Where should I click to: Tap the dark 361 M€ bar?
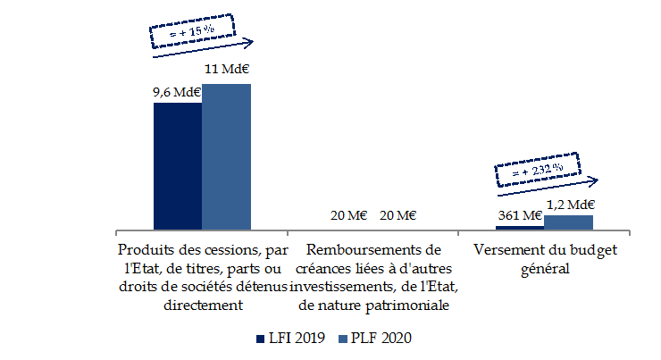(x=519, y=226)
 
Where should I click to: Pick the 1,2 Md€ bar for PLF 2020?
(x=568, y=222)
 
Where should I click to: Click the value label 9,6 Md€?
(x=177, y=92)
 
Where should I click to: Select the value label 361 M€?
(x=519, y=215)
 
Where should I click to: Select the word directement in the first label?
(x=204, y=305)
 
